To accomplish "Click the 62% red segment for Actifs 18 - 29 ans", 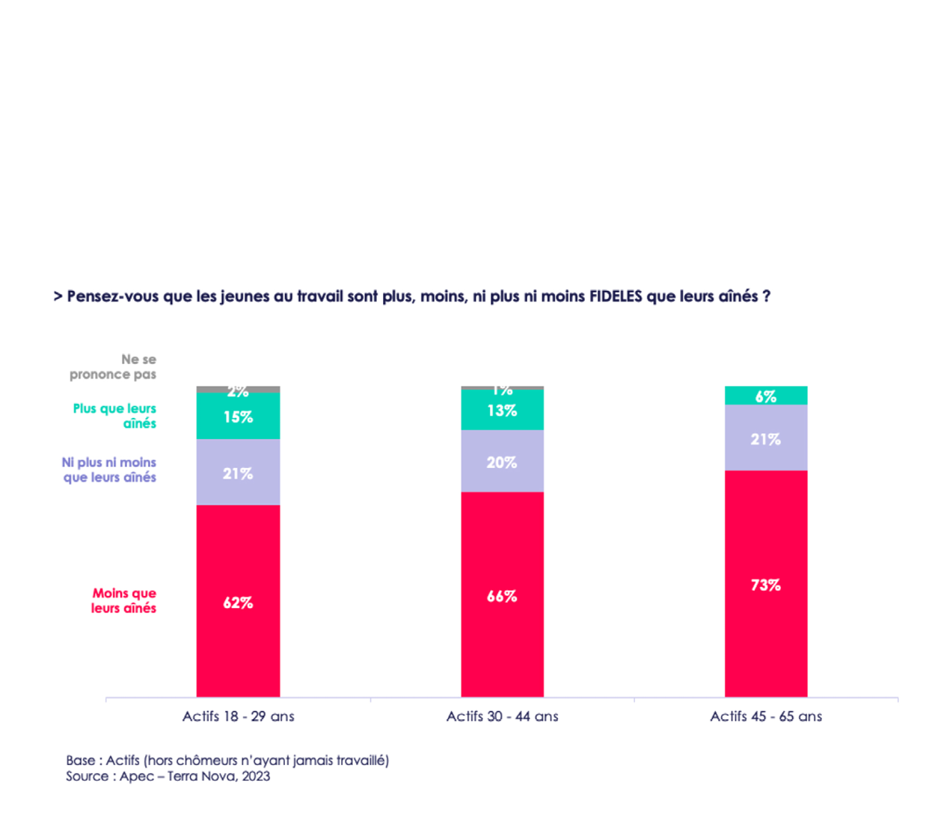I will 238,601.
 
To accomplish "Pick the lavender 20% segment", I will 502,461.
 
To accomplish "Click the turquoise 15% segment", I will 238,416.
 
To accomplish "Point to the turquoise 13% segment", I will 502,410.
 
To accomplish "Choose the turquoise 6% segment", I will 766,396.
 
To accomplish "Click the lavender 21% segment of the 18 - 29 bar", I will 238,473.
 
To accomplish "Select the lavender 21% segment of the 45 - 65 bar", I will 766,438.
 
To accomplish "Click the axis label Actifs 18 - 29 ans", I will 238,716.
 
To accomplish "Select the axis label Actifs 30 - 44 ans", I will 502,716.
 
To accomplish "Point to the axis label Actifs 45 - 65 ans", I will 766,716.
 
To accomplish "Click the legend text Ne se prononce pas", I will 114,367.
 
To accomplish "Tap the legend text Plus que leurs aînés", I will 115,416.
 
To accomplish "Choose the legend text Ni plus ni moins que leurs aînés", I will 109,470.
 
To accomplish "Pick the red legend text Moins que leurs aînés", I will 124,600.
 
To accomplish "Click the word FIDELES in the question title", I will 616,296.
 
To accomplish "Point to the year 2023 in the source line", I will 256,776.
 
